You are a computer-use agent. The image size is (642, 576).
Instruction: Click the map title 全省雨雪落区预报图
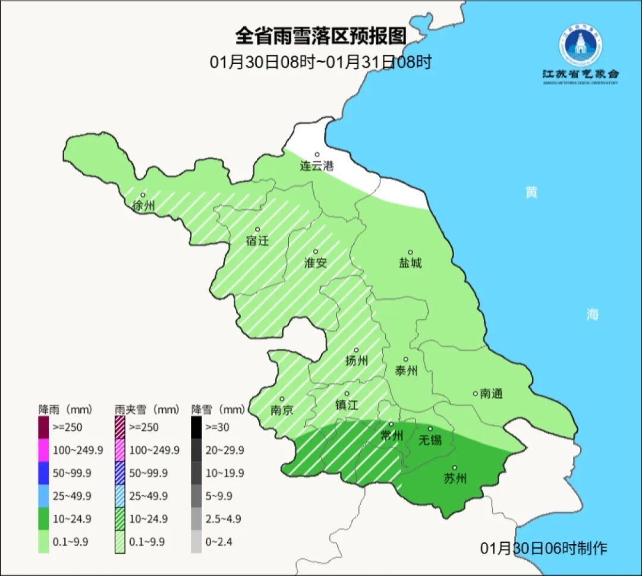pyautogui.click(x=320, y=36)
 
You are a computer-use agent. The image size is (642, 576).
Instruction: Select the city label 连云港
pyautogui.click(x=316, y=166)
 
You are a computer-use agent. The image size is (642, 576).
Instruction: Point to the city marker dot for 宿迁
pyautogui.click(x=257, y=229)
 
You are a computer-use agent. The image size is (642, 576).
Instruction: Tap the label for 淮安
pyautogui.click(x=315, y=263)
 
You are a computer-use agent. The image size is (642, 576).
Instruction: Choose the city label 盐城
pyautogui.click(x=410, y=263)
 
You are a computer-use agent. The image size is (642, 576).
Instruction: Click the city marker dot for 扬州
pyautogui.click(x=356, y=350)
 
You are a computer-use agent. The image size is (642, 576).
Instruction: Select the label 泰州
pyautogui.click(x=406, y=371)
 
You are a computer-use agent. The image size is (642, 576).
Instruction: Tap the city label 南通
pyautogui.click(x=491, y=394)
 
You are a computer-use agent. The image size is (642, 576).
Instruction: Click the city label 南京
pyautogui.click(x=281, y=410)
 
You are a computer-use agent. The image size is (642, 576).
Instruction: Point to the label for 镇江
pyautogui.click(x=346, y=405)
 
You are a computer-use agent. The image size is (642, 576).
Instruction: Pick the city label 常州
pyautogui.click(x=391, y=436)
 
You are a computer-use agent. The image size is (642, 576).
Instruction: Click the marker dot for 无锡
pyautogui.click(x=430, y=429)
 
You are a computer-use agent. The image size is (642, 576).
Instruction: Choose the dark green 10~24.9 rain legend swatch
pyautogui.click(x=43, y=519)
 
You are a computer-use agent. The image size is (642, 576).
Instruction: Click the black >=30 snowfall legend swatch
pyautogui.click(x=196, y=427)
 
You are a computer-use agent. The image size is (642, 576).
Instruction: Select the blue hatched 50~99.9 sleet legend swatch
pyautogui.click(x=119, y=473)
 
